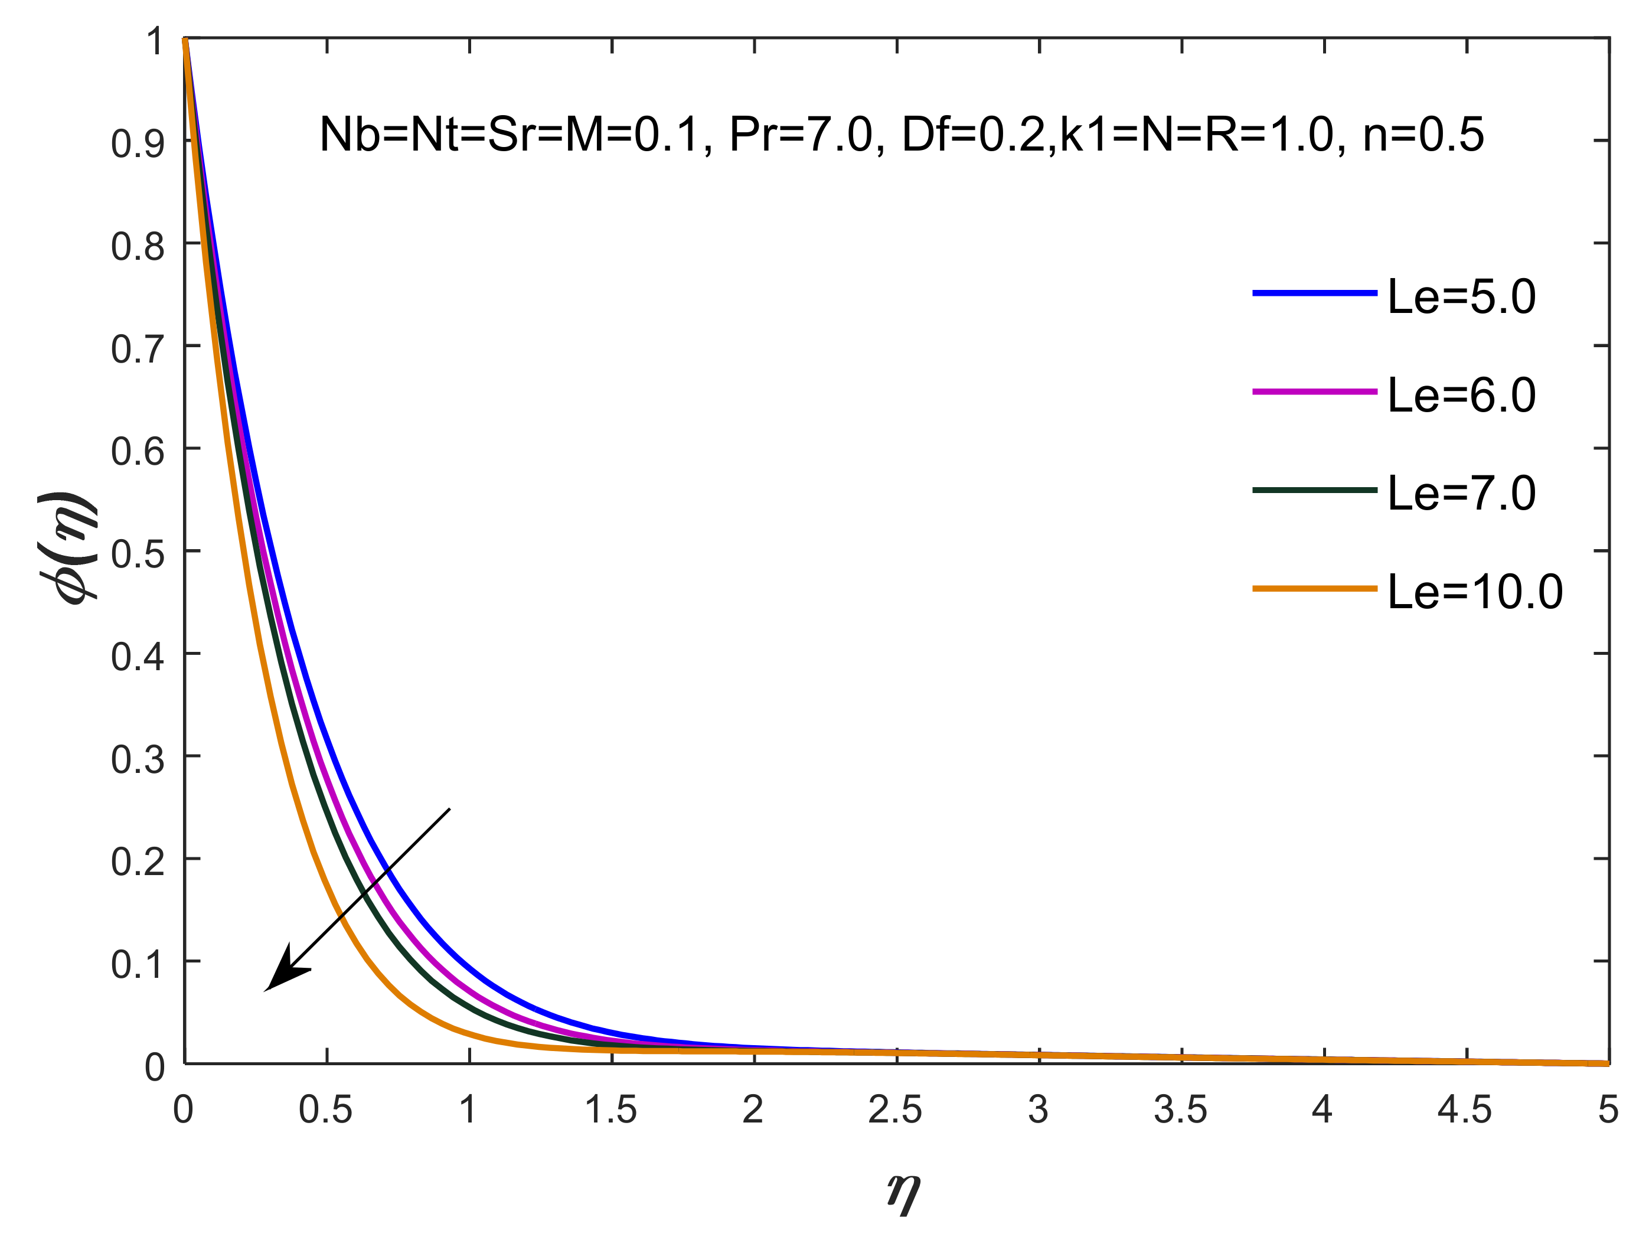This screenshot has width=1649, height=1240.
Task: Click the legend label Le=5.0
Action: click(1461, 297)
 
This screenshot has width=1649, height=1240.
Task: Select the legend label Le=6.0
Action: click(1461, 395)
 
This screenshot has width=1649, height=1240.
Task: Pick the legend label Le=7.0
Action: click(1461, 494)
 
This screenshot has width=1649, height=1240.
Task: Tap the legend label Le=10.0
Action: click(1475, 592)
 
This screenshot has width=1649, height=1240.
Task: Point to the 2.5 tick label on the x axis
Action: click(895, 1110)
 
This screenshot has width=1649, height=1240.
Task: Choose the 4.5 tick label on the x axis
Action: click(1465, 1110)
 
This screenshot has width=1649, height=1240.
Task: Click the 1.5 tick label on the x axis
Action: click(610, 1110)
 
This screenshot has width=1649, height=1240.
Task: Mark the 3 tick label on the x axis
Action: click(1039, 1110)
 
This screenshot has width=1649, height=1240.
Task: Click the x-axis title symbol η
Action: click(903, 1191)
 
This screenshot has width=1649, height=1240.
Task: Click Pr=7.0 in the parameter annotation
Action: click(800, 135)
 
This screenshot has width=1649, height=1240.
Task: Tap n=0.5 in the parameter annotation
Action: click(1423, 135)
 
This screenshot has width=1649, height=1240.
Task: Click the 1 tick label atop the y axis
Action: click(154, 41)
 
